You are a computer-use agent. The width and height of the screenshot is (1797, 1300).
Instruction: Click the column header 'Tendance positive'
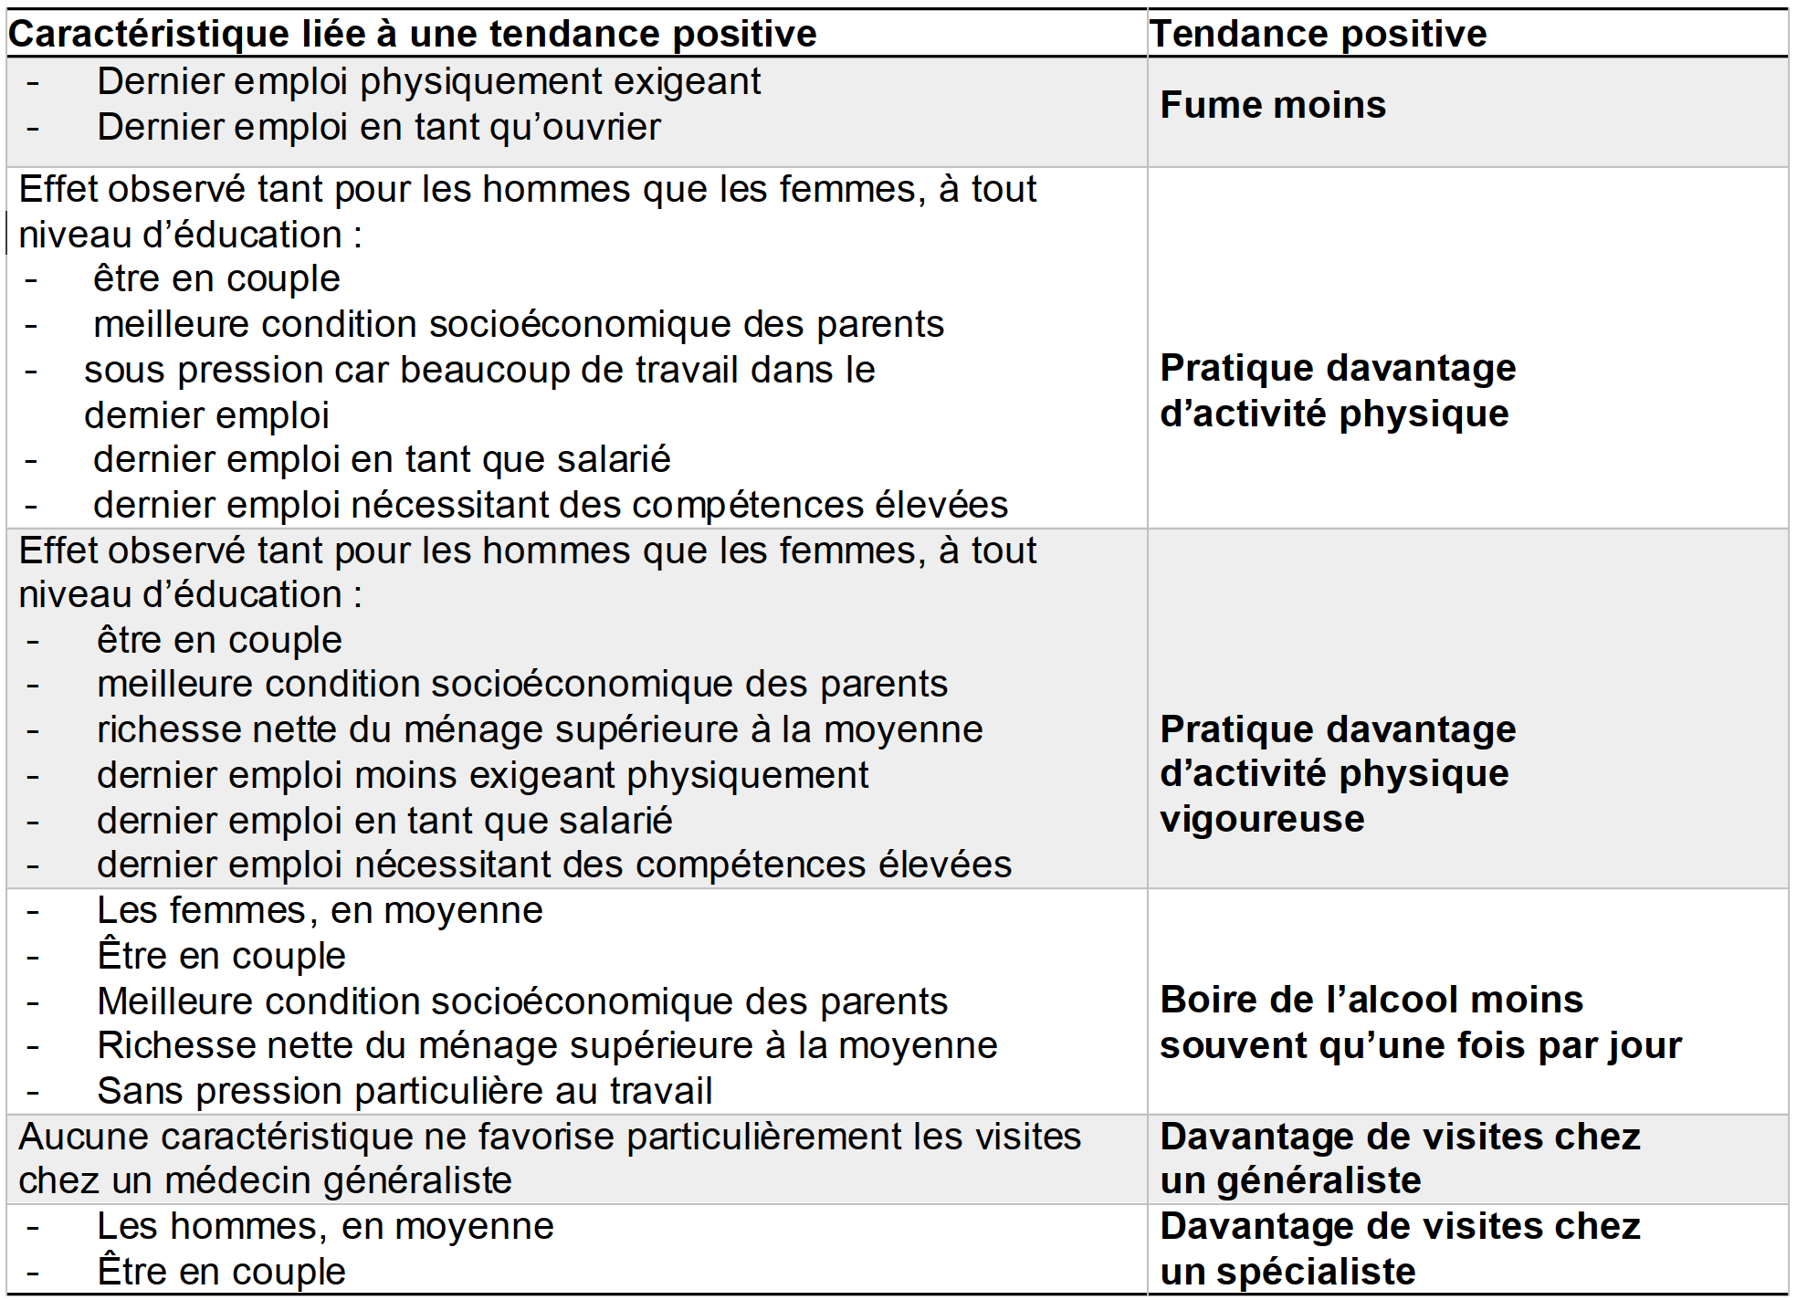point(1318,35)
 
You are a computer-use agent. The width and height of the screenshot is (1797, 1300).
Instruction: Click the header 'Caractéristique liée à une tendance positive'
point(412,35)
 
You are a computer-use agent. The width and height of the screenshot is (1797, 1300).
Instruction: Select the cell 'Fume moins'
point(1272,106)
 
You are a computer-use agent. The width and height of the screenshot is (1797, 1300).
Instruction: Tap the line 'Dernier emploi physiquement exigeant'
point(428,82)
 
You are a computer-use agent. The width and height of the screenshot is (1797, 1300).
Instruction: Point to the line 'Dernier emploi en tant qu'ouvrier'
point(378,128)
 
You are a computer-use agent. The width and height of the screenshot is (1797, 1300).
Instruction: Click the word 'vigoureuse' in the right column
point(1261,819)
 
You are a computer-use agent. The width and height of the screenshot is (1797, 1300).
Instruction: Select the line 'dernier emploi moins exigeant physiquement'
point(482,775)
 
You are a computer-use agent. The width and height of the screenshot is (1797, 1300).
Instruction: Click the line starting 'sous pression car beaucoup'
point(479,371)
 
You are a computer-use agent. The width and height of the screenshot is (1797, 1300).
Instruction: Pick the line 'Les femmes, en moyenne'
point(320,910)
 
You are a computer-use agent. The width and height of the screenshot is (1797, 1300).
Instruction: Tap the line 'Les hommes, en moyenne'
point(325,1226)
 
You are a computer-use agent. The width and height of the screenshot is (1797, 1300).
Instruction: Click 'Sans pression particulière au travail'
point(405,1091)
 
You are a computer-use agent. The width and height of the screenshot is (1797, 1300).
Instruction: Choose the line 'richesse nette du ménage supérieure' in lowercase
point(540,729)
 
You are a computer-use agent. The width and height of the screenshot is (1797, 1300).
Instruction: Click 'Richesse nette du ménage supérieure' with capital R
point(547,1045)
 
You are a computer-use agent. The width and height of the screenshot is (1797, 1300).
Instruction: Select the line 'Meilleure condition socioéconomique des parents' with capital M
point(522,1001)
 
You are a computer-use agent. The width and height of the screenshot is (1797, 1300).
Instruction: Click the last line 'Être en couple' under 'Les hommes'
point(221,1272)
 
